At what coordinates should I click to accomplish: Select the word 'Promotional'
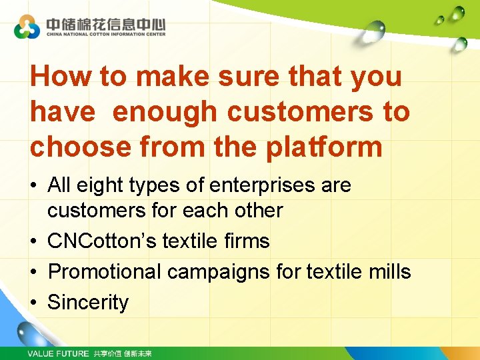tap(105, 271)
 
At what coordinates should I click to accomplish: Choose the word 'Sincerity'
tap(88, 302)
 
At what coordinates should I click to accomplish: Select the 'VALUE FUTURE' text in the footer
tap(58, 353)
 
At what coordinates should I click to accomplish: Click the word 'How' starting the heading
tap(61, 77)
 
